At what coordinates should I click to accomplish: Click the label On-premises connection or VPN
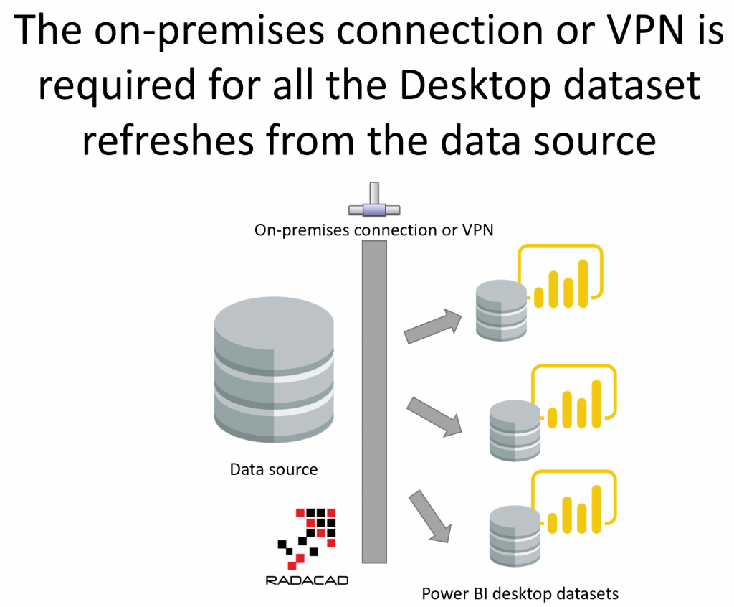[376, 230]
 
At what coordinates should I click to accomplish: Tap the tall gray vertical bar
[375, 402]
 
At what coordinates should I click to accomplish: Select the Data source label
[273, 470]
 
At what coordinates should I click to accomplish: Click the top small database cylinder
[501, 310]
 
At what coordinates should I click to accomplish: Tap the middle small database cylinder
[513, 430]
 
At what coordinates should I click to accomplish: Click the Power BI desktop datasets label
[520, 594]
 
